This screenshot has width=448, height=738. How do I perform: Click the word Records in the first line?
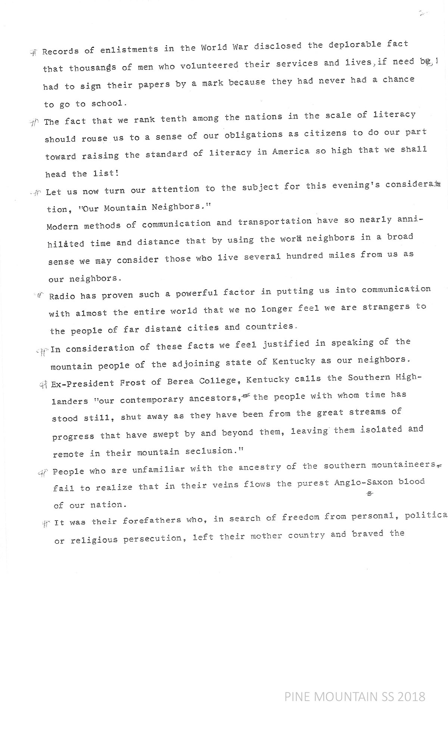pyautogui.click(x=60, y=51)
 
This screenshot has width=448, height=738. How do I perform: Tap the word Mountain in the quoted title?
pyautogui.click(x=125, y=208)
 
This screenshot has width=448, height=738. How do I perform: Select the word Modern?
pyautogui.click(x=63, y=226)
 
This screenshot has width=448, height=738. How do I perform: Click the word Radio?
pyautogui.click(x=62, y=296)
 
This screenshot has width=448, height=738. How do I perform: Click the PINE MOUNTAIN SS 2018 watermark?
pyautogui.click(x=355, y=697)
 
